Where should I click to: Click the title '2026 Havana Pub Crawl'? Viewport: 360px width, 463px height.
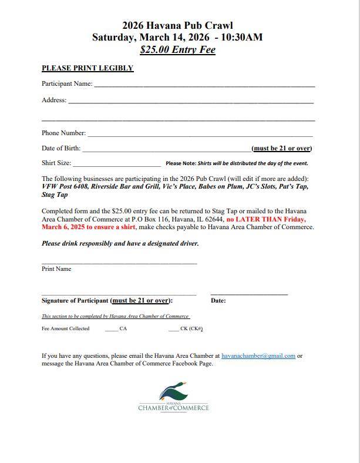(177, 25)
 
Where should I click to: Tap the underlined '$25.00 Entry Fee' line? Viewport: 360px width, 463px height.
(177, 50)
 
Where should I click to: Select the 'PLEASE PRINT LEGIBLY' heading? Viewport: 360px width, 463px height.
(88, 68)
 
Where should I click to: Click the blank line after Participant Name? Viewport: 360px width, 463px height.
(204, 85)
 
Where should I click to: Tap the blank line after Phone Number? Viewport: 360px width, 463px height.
(200, 135)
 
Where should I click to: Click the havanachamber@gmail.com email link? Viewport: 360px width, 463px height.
(258, 356)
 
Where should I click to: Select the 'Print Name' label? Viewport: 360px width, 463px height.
(56, 269)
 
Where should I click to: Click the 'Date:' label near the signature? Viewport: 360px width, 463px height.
(218, 301)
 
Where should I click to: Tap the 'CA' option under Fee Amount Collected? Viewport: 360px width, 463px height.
(123, 329)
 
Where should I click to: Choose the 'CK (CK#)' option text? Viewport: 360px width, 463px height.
(191, 329)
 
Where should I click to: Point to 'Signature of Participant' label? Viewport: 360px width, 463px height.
(75, 301)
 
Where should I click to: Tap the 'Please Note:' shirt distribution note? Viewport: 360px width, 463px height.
(237, 163)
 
